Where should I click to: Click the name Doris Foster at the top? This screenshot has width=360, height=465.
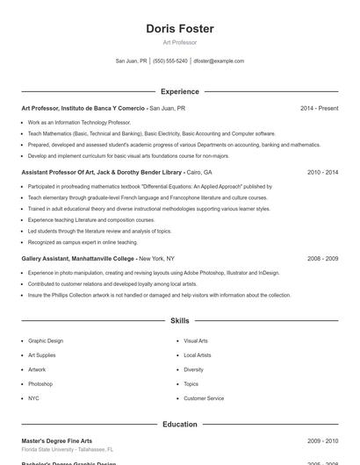click(x=180, y=29)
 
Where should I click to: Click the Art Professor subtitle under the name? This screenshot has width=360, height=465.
click(x=180, y=42)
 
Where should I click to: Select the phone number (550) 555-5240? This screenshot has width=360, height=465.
click(x=169, y=61)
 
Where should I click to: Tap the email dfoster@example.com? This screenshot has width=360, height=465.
click(x=219, y=61)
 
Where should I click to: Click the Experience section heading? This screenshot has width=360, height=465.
click(x=180, y=91)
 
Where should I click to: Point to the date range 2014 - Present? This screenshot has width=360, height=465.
click(x=319, y=108)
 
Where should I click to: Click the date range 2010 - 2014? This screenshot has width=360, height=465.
click(x=322, y=173)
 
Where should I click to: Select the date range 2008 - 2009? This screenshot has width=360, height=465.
click(x=322, y=259)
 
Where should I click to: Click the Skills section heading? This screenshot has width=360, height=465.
click(x=180, y=321)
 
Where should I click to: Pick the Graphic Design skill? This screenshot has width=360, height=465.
click(x=46, y=340)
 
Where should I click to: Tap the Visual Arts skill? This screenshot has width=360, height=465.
click(x=196, y=340)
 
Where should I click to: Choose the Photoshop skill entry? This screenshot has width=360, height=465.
click(x=40, y=384)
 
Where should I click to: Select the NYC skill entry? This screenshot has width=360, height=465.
click(x=33, y=398)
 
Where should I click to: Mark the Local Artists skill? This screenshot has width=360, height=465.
click(x=198, y=355)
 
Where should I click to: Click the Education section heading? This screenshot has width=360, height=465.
click(x=180, y=425)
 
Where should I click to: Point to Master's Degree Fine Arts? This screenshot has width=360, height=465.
click(x=56, y=440)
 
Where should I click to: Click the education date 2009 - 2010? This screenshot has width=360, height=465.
click(x=322, y=440)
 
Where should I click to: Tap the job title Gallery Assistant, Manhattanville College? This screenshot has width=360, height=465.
click(x=78, y=259)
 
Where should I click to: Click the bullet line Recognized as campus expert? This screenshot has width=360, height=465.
click(x=83, y=242)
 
